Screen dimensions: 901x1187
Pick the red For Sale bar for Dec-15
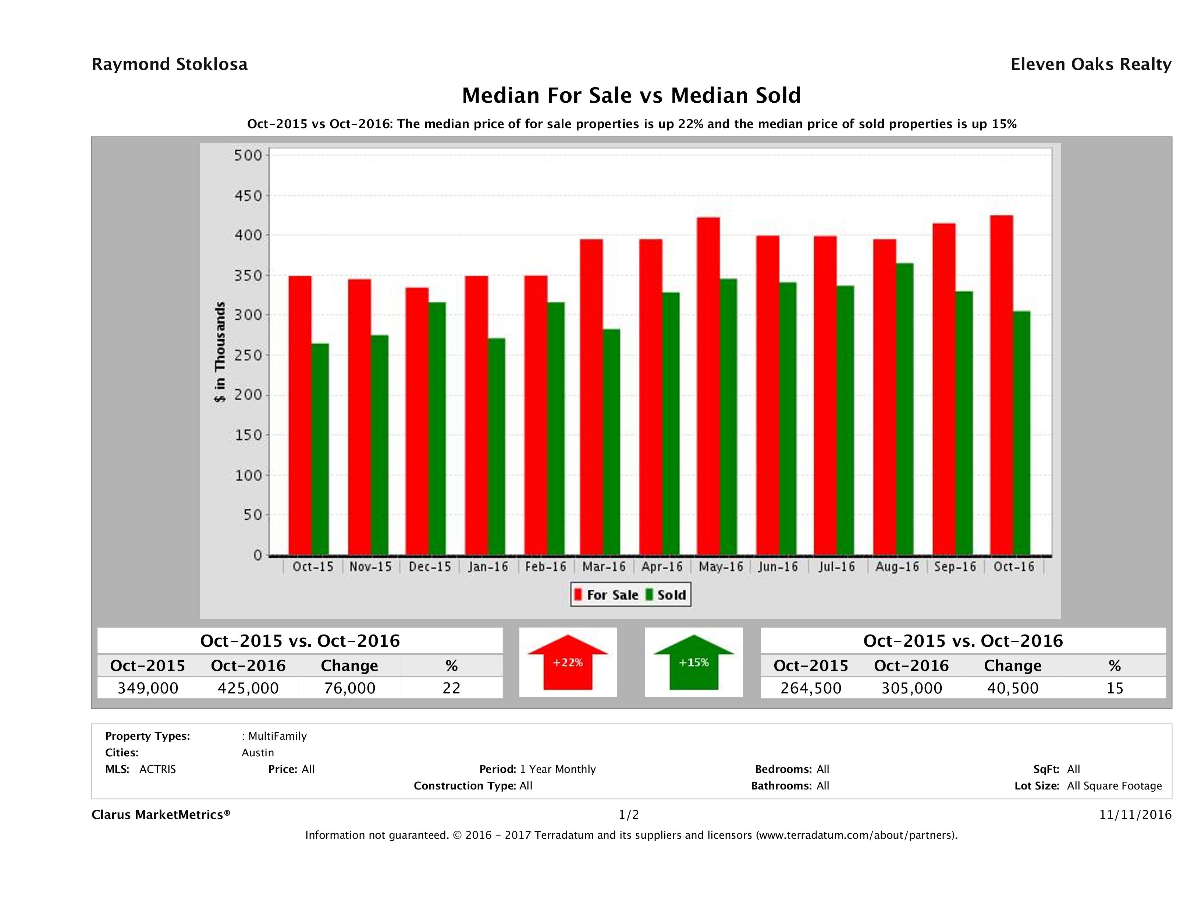point(417,421)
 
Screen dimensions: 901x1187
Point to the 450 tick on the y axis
point(248,196)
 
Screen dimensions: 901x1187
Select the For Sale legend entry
point(607,595)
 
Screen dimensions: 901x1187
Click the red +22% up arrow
point(568,662)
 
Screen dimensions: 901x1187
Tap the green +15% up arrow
point(694,662)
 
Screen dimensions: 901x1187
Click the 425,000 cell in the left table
point(248,688)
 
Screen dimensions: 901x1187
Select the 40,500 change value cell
point(1013,688)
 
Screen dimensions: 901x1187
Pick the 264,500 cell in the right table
point(811,688)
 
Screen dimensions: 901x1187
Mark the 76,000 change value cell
point(349,688)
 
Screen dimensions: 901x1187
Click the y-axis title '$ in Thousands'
point(220,352)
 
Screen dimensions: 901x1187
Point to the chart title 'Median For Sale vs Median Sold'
point(631,96)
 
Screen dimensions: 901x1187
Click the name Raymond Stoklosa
point(170,64)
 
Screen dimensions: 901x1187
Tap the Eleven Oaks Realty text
point(1090,64)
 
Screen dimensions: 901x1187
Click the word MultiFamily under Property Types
point(277,736)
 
